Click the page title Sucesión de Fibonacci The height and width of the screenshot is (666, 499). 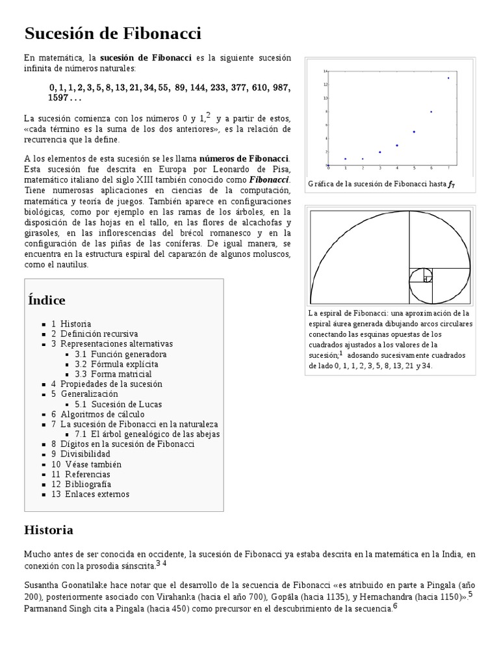click(112, 33)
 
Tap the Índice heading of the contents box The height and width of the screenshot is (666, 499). click(47, 300)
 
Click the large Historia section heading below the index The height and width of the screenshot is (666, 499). click(48, 529)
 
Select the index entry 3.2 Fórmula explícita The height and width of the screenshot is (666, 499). click(116, 364)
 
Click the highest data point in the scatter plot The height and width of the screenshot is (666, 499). click(448, 78)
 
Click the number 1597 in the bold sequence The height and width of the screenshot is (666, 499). click(58, 98)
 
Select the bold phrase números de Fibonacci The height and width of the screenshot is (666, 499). click(244, 158)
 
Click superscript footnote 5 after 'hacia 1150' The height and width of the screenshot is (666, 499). click(470, 594)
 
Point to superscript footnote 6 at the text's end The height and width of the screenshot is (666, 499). click(395, 607)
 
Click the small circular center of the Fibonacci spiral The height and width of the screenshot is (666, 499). click(427, 279)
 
